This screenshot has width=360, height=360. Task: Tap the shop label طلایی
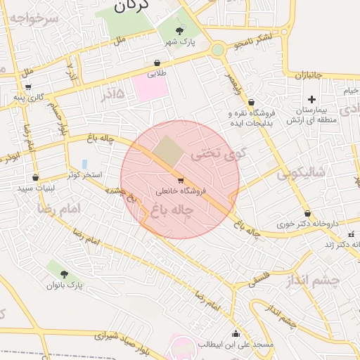tap(157, 72)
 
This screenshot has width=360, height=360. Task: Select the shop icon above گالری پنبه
tap(28, 86)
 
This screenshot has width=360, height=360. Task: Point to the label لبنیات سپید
tap(37, 188)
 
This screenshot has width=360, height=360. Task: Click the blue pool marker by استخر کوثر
tap(84, 164)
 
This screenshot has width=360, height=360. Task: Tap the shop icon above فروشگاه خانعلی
tap(181, 180)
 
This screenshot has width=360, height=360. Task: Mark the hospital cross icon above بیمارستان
tap(311, 99)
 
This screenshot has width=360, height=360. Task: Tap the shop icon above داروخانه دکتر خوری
tap(307, 214)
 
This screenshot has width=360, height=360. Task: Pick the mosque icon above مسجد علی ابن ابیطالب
tap(235, 333)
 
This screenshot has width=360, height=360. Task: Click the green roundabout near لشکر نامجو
tap(218, 49)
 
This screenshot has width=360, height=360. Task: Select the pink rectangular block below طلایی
tap(150, 88)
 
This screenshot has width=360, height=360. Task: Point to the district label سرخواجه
tap(29, 19)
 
